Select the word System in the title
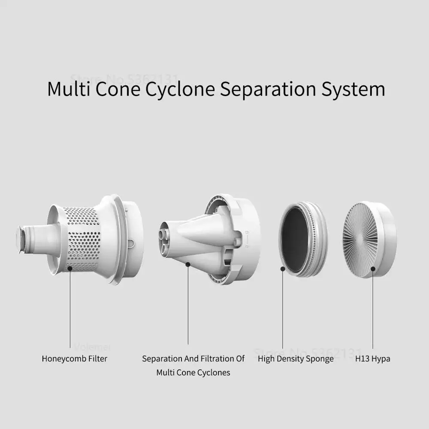353,89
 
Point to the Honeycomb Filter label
75,359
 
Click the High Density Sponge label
296,359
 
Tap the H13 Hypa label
373,359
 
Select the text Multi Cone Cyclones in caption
193,372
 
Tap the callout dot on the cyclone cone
188,265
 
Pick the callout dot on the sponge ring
283,269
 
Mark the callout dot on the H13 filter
373,269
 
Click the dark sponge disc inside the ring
295,239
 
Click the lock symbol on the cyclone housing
247,240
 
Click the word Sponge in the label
319,359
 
